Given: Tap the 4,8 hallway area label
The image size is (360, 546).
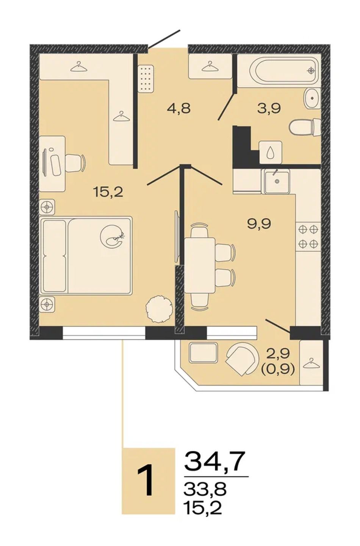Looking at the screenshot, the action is pyautogui.click(x=178, y=108).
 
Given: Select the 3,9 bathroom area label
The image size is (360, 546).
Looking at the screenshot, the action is pyautogui.click(x=269, y=108).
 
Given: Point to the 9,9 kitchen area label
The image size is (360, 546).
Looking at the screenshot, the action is pyautogui.click(x=259, y=224).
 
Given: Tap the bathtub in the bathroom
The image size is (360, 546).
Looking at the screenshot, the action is pyautogui.click(x=285, y=71).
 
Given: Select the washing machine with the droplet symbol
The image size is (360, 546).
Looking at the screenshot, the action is pyautogui.click(x=271, y=152).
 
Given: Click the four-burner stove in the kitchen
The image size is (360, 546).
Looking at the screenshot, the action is pyautogui.click(x=308, y=236).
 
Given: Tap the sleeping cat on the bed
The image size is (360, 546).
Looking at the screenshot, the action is pyautogui.click(x=113, y=237).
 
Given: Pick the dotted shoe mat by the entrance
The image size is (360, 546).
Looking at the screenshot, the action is pyautogui.click(x=146, y=78).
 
